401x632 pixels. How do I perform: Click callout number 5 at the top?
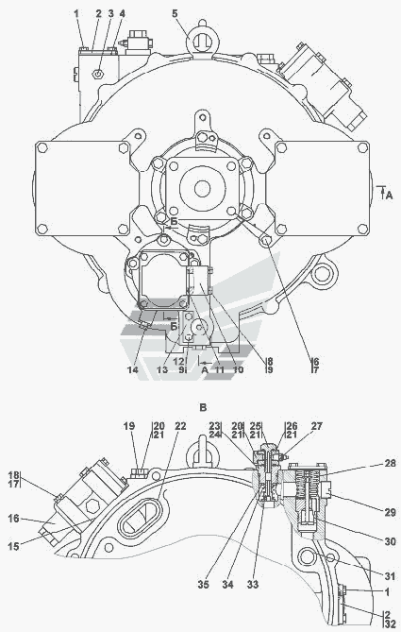click(x=175, y=14)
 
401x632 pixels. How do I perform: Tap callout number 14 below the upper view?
click(x=133, y=369)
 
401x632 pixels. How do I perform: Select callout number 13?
click(x=162, y=369)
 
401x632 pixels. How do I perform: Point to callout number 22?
click(x=181, y=426)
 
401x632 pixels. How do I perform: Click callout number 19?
click(x=129, y=426)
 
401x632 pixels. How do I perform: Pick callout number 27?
click(x=317, y=426)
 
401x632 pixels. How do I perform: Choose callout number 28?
click(x=390, y=464)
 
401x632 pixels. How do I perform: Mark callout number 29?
click(x=390, y=512)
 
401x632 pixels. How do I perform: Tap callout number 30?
click(x=390, y=541)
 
